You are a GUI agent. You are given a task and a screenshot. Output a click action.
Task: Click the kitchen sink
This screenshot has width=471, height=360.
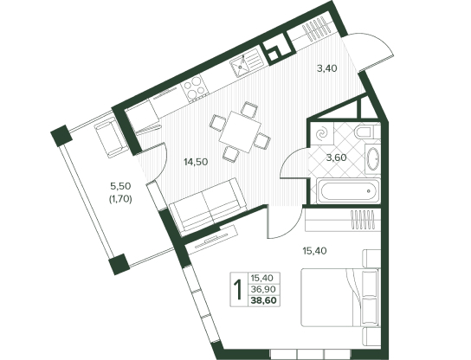point(246,63)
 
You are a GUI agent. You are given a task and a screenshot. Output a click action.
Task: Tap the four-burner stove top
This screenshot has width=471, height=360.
point(195,87)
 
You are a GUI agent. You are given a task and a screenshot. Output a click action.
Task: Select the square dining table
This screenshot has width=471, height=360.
point(241,132)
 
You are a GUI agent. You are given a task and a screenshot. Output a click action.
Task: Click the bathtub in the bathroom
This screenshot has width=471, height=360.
point(348,190)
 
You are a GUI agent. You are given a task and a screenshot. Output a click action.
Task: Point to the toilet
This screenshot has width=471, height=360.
point(367,132)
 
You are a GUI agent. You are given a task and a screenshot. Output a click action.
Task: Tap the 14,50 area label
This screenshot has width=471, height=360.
point(196,162)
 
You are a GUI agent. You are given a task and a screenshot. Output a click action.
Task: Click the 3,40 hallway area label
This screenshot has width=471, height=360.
point(327,68)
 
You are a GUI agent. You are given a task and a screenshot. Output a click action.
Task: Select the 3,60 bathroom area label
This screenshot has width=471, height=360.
point(337,157)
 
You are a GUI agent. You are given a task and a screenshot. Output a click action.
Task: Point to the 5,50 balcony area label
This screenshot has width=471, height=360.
point(120,186)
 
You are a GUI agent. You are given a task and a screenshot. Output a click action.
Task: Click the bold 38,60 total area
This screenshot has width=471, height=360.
point(264,300)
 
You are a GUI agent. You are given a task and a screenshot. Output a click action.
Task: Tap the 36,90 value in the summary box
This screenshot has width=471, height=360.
point(264,289)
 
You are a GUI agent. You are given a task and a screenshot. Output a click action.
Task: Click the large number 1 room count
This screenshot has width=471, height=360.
point(239,289)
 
